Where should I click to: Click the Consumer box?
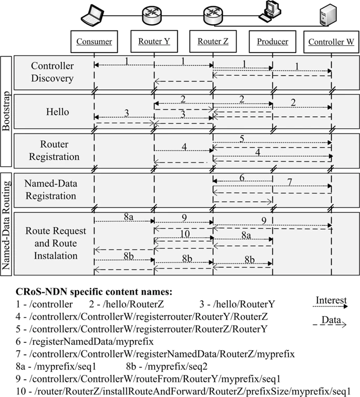(94, 42)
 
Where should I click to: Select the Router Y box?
(154, 42)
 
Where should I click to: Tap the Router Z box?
(213, 42)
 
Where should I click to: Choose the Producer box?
(272, 42)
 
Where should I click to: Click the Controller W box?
(331, 42)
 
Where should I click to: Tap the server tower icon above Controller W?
(326, 14)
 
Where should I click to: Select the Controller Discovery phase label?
(53, 73)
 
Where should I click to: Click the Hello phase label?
(57, 112)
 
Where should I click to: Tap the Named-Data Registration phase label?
(50, 190)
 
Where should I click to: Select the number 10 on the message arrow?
(184, 233)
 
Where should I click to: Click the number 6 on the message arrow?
(242, 178)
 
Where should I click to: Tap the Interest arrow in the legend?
(331, 306)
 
